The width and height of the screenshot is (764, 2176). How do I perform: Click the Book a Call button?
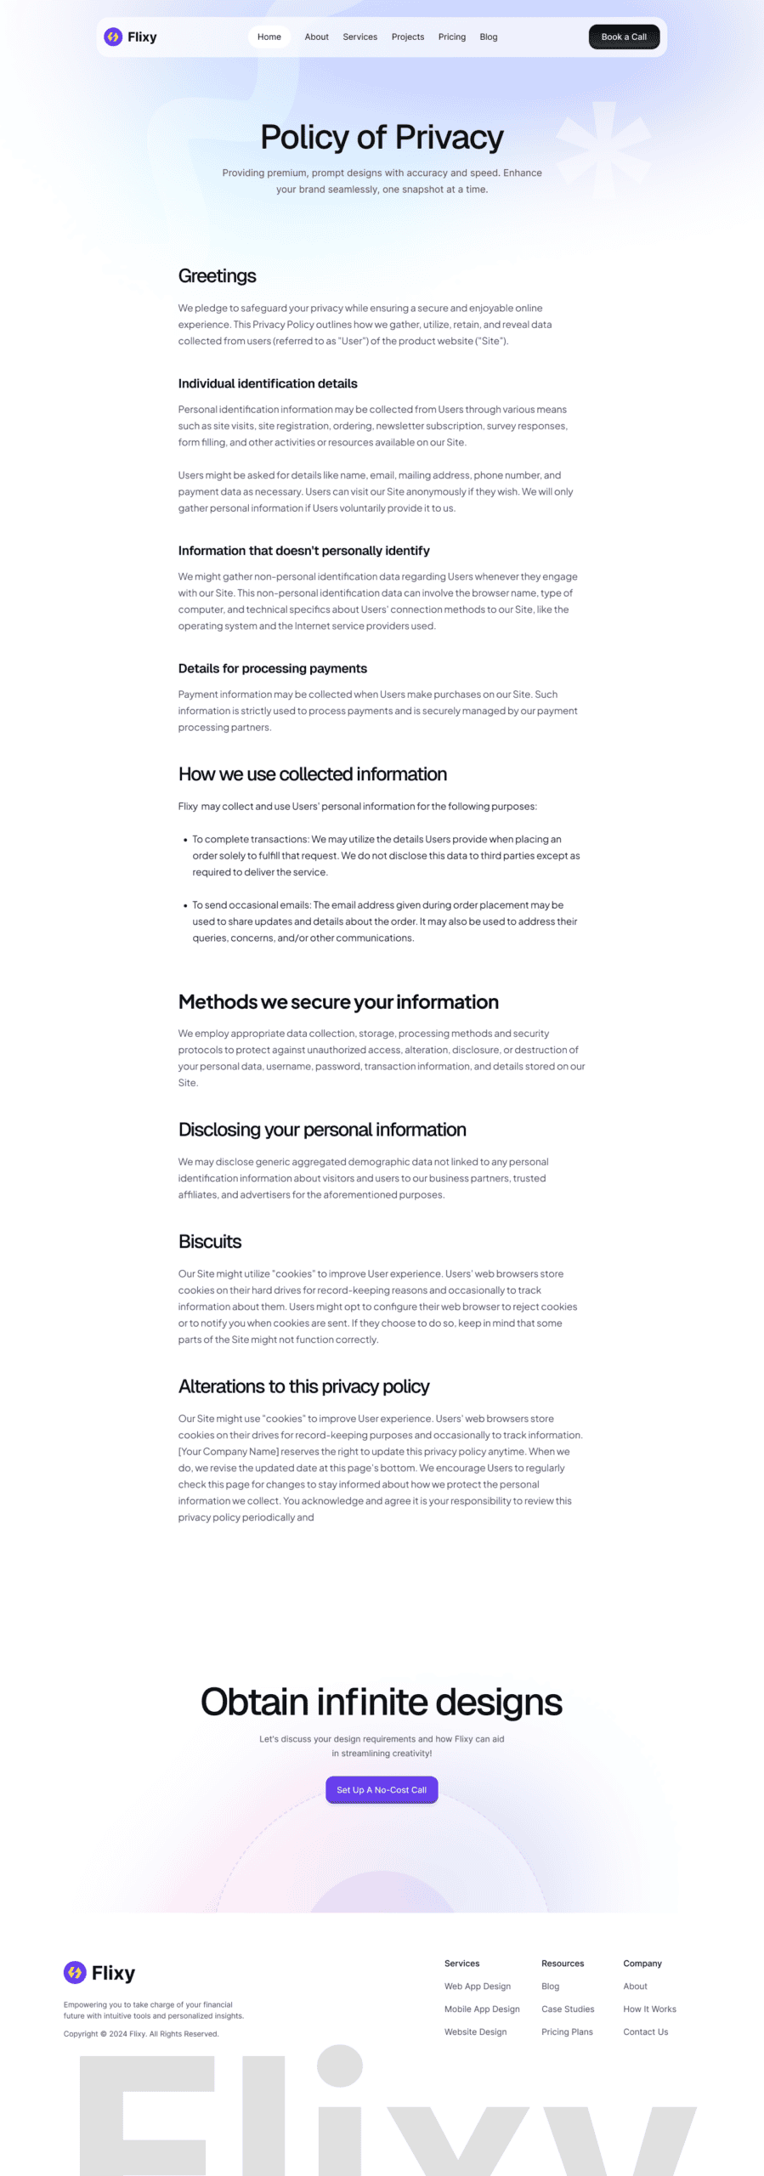tap(624, 37)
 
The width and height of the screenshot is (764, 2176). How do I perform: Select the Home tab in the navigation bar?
tap(269, 37)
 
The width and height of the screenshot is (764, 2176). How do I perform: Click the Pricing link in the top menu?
tap(451, 37)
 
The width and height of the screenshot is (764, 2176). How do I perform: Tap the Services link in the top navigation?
tap(359, 37)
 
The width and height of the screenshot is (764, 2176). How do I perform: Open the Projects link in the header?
tap(407, 37)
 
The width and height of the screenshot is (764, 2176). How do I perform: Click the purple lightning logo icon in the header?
tap(113, 37)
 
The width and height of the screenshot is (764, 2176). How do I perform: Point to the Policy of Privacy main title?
tap(382, 137)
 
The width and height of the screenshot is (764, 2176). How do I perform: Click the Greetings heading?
tap(217, 276)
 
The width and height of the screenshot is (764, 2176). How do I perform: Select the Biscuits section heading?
tap(210, 1242)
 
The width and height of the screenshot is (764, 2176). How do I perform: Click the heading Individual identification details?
tap(268, 384)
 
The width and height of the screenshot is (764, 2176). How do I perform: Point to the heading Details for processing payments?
tap(273, 669)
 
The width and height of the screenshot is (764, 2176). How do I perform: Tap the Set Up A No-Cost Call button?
tap(382, 1790)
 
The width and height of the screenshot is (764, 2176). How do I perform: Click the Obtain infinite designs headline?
tap(382, 1703)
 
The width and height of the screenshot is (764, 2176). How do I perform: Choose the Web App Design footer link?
tap(478, 1986)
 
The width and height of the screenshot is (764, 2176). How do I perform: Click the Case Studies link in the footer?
tap(568, 2009)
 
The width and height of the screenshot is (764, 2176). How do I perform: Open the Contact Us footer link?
tap(646, 2032)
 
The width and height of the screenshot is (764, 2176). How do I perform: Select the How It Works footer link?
tap(649, 2009)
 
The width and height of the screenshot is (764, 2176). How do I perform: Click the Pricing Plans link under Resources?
tap(567, 2032)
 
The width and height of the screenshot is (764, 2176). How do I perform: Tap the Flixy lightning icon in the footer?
tap(75, 1972)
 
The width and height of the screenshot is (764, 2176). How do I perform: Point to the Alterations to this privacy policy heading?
tap(303, 1387)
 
